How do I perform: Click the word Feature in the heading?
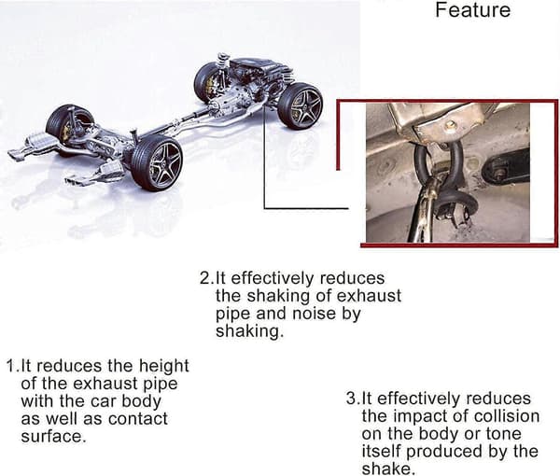(472, 9)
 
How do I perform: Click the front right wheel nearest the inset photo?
(300, 105)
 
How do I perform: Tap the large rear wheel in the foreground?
(157, 162)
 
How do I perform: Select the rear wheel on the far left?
(69, 126)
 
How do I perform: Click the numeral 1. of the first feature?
(14, 366)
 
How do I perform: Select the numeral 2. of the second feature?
(207, 278)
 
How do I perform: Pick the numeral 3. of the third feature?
(354, 399)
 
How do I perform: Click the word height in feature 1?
(163, 367)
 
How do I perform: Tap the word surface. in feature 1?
(53, 436)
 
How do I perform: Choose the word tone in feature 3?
(504, 434)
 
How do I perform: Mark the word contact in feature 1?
(138, 418)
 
